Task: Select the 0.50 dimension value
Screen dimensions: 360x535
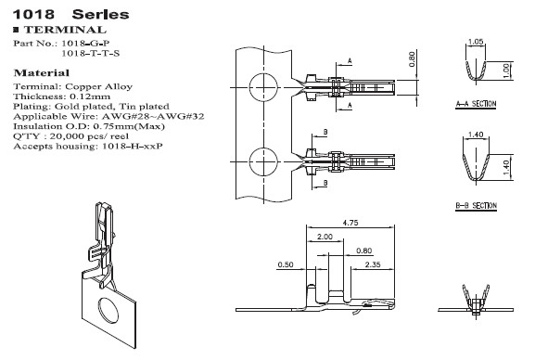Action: pos(286,265)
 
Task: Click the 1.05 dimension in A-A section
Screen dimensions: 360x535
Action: pos(476,43)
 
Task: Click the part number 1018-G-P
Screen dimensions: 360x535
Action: pos(88,44)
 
